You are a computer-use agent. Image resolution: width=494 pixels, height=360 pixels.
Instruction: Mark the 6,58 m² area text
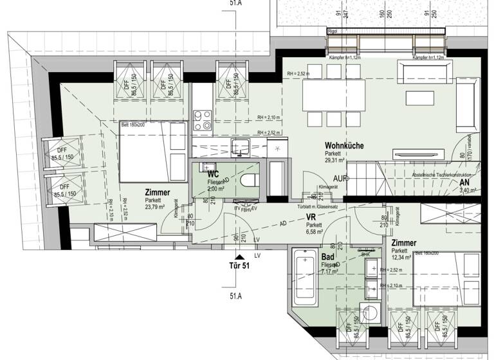[x=314, y=233]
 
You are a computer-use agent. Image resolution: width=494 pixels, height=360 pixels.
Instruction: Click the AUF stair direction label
[x=341, y=177]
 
